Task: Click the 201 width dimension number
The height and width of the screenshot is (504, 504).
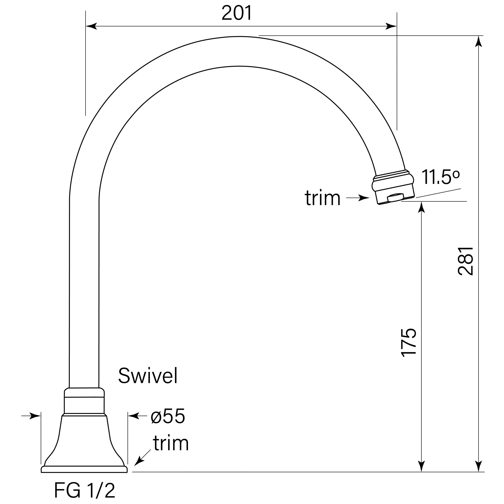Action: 237,13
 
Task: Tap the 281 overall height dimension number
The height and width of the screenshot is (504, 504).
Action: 465,261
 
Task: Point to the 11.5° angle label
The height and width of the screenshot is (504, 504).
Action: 440,177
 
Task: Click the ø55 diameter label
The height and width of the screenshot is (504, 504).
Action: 168,416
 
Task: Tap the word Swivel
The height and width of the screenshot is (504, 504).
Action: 148,376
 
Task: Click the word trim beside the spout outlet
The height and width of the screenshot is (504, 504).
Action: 322,198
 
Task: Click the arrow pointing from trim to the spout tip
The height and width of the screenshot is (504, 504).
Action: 359,198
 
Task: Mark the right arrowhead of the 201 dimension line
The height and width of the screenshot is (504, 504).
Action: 391,26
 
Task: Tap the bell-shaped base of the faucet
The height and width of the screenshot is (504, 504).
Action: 84,441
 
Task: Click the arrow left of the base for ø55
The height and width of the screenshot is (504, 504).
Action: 31,416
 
